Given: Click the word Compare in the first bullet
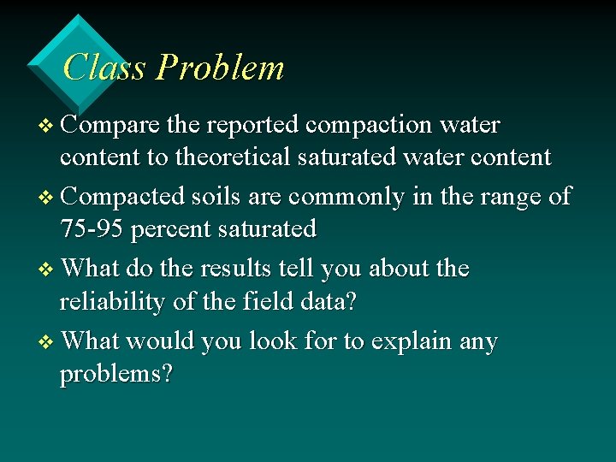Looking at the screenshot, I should point(111,126).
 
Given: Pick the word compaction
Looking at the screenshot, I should point(369,126).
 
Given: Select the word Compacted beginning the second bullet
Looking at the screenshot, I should point(123,197).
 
